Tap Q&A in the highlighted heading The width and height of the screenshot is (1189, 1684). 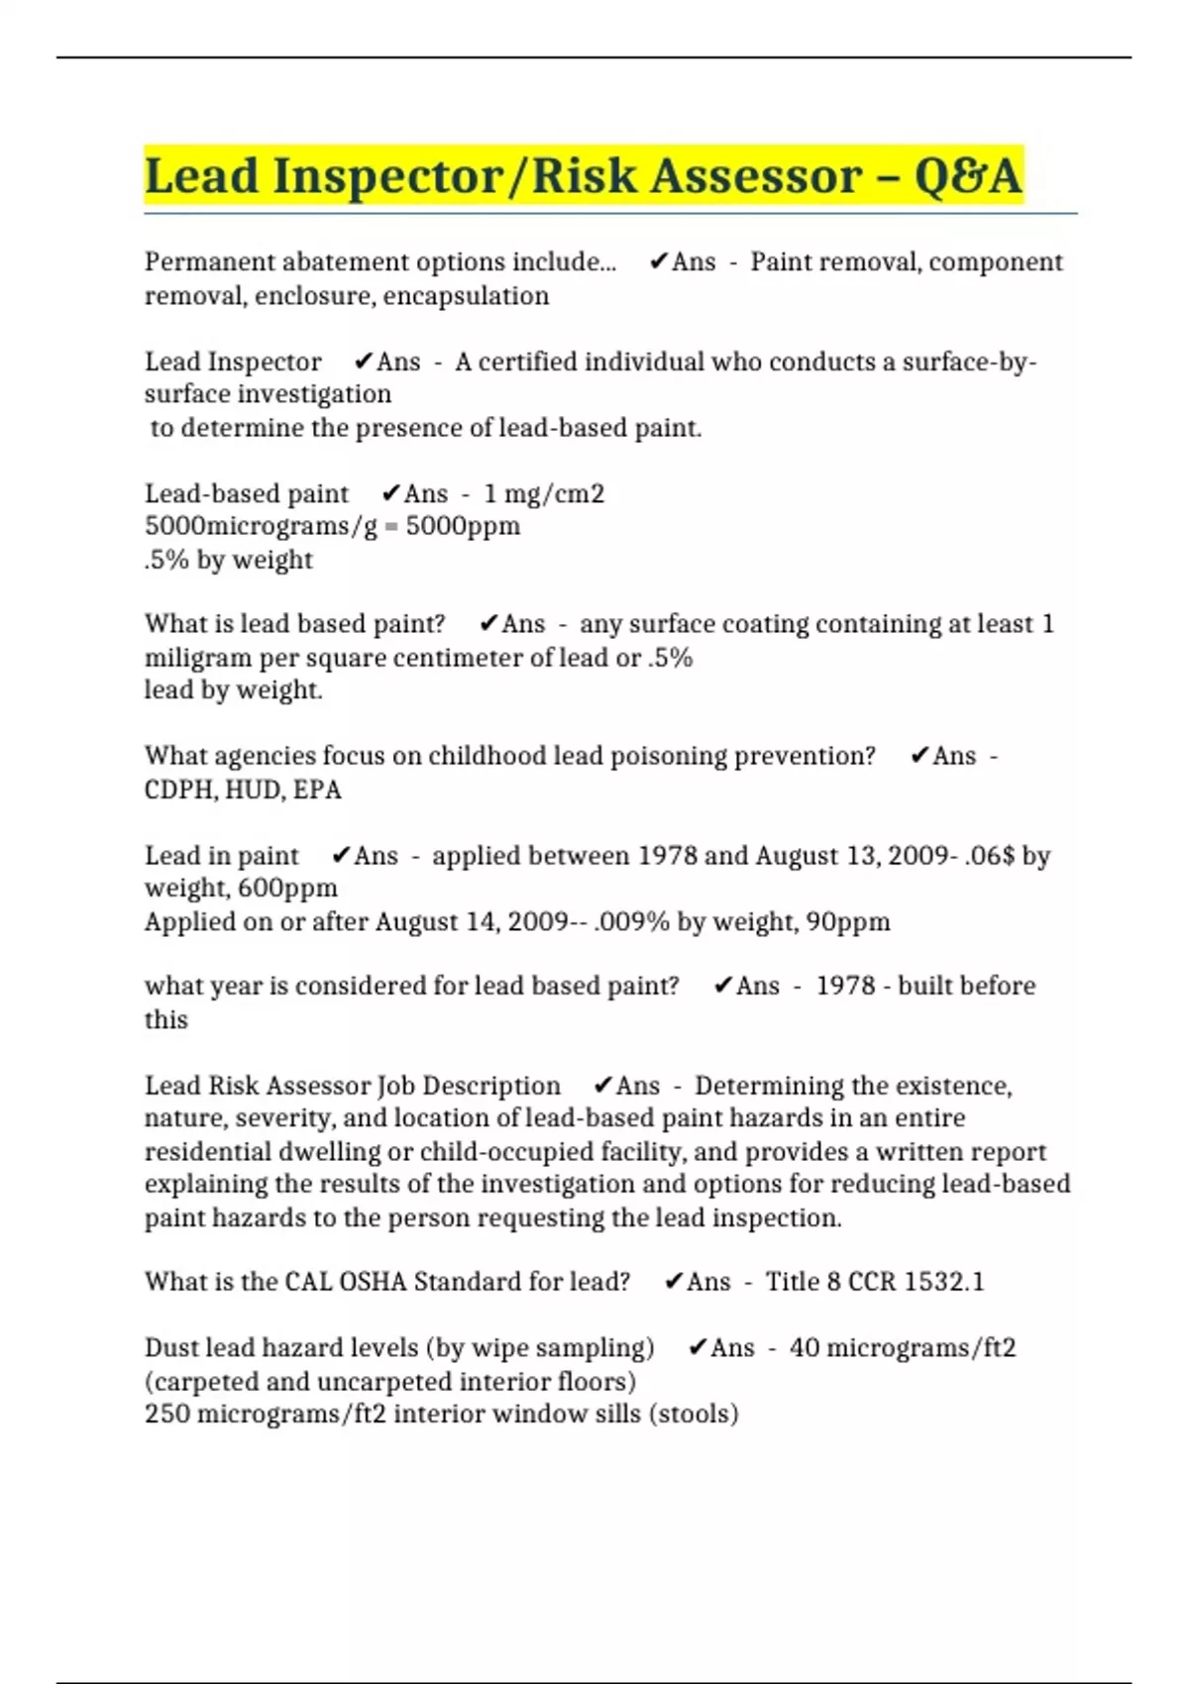967,176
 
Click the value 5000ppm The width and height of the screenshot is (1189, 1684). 463,526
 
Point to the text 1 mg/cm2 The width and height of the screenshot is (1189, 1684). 544,493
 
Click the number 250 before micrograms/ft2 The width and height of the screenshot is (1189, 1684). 167,1414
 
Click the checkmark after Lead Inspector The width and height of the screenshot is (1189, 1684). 363,362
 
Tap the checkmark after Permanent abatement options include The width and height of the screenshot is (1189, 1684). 658,262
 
